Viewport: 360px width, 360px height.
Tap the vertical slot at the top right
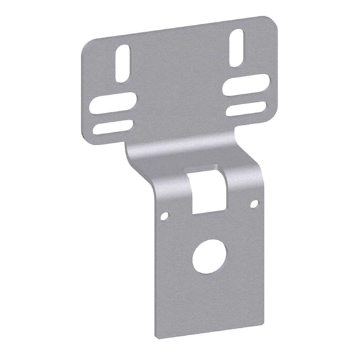(236, 47)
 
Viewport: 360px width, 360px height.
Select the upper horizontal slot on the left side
(112, 104)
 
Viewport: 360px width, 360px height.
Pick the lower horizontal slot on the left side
(112, 127)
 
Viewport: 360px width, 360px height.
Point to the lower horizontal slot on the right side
(246, 109)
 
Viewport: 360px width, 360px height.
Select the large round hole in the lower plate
(209, 256)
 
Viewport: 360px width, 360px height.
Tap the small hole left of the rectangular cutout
(164, 216)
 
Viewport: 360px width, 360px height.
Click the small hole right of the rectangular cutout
(253, 204)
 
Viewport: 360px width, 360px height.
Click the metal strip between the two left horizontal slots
(112, 116)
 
